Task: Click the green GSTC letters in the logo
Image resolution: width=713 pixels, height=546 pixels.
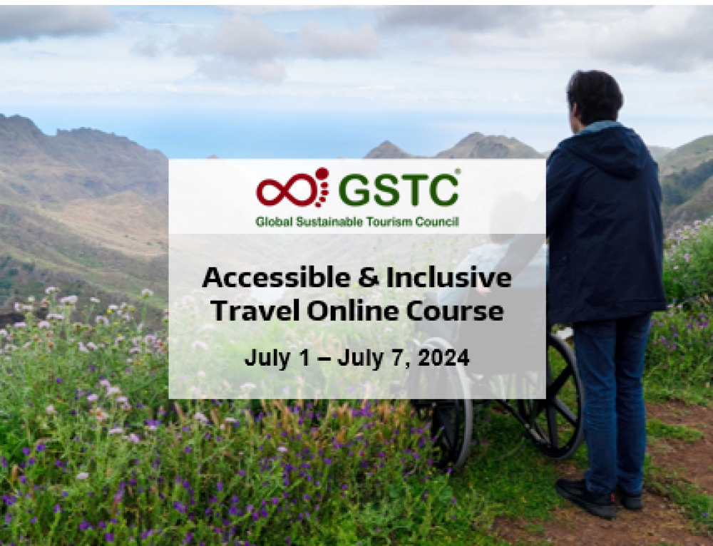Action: click(399, 190)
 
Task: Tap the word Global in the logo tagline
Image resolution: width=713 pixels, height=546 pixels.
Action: click(275, 222)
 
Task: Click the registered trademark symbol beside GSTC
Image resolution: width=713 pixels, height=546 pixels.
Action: click(457, 172)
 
